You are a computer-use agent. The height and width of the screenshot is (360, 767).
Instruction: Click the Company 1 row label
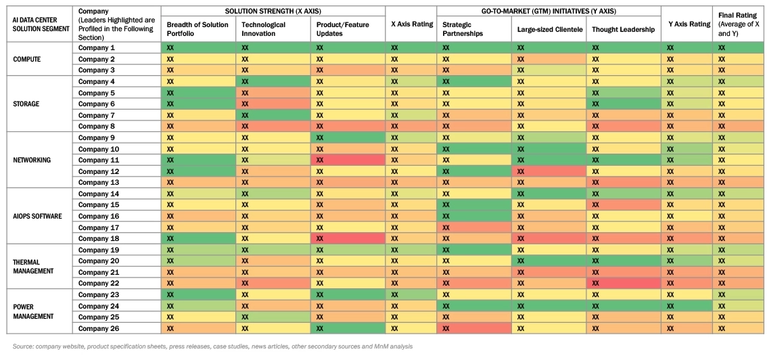click(x=97, y=48)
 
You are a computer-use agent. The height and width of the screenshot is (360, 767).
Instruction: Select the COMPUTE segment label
click(x=27, y=60)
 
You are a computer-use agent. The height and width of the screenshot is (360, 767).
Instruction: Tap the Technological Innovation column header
click(x=264, y=28)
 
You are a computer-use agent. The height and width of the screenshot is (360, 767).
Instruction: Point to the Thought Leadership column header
click(x=623, y=29)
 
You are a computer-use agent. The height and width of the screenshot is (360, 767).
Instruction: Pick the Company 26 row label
click(x=99, y=328)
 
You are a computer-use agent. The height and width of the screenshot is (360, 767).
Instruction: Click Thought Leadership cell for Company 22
click(x=623, y=284)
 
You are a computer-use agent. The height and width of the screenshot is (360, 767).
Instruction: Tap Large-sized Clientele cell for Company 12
click(x=549, y=171)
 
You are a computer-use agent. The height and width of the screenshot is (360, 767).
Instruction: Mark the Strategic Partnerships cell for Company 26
click(x=473, y=328)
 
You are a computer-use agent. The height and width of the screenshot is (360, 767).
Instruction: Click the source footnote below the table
click(x=212, y=346)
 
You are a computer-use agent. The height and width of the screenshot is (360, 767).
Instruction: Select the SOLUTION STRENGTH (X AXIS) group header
click(x=273, y=12)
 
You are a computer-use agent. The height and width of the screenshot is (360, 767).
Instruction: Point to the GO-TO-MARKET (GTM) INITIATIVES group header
click(x=549, y=12)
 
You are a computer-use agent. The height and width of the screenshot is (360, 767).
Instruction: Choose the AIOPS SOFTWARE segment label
click(x=38, y=216)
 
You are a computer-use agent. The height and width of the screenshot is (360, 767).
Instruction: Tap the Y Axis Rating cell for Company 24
click(x=686, y=306)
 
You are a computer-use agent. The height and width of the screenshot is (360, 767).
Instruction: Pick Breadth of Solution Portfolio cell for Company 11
click(x=198, y=160)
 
